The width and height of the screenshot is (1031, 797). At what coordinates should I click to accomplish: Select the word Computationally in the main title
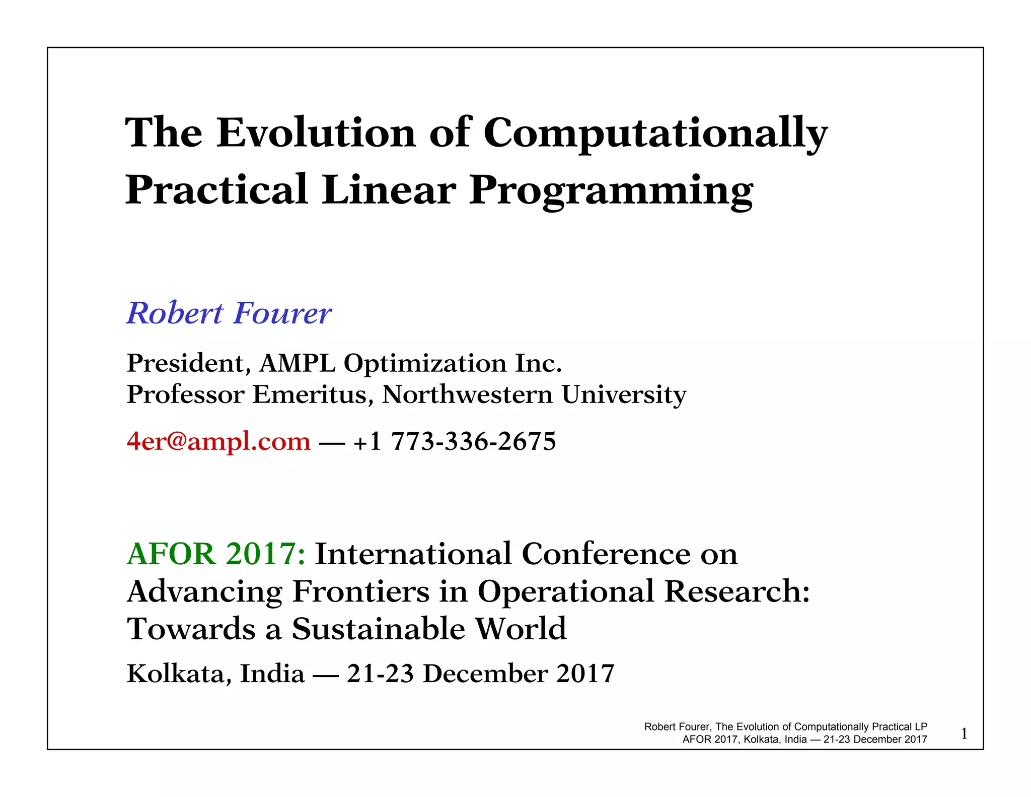coord(655,134)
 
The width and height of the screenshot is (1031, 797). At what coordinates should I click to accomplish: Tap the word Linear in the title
coord(389,190)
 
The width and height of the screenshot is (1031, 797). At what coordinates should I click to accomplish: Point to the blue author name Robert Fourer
coord(229,313)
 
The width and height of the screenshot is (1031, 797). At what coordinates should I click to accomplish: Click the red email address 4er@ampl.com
coord(218,441)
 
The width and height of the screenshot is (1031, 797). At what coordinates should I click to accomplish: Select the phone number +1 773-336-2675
coord(455,441)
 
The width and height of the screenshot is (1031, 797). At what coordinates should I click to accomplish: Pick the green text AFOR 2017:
coord(216,554)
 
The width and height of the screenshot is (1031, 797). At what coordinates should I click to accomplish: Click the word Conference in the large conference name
coord(606,554)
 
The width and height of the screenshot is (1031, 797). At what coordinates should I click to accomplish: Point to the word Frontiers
coord(360,591)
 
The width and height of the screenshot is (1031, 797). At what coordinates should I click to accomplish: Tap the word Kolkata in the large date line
coord(179,674)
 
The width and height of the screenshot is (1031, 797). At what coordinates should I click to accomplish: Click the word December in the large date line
coord(485,674)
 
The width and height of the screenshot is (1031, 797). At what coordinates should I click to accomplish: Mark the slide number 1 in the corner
coord(964,734)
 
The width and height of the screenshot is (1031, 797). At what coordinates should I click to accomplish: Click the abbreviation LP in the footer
coord(921,727)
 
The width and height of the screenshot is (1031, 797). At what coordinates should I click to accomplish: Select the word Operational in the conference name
coord(566,592)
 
